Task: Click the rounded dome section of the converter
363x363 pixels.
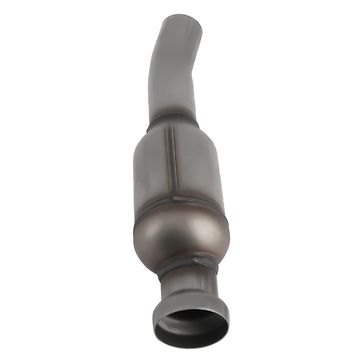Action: click(x=181, y=236)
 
